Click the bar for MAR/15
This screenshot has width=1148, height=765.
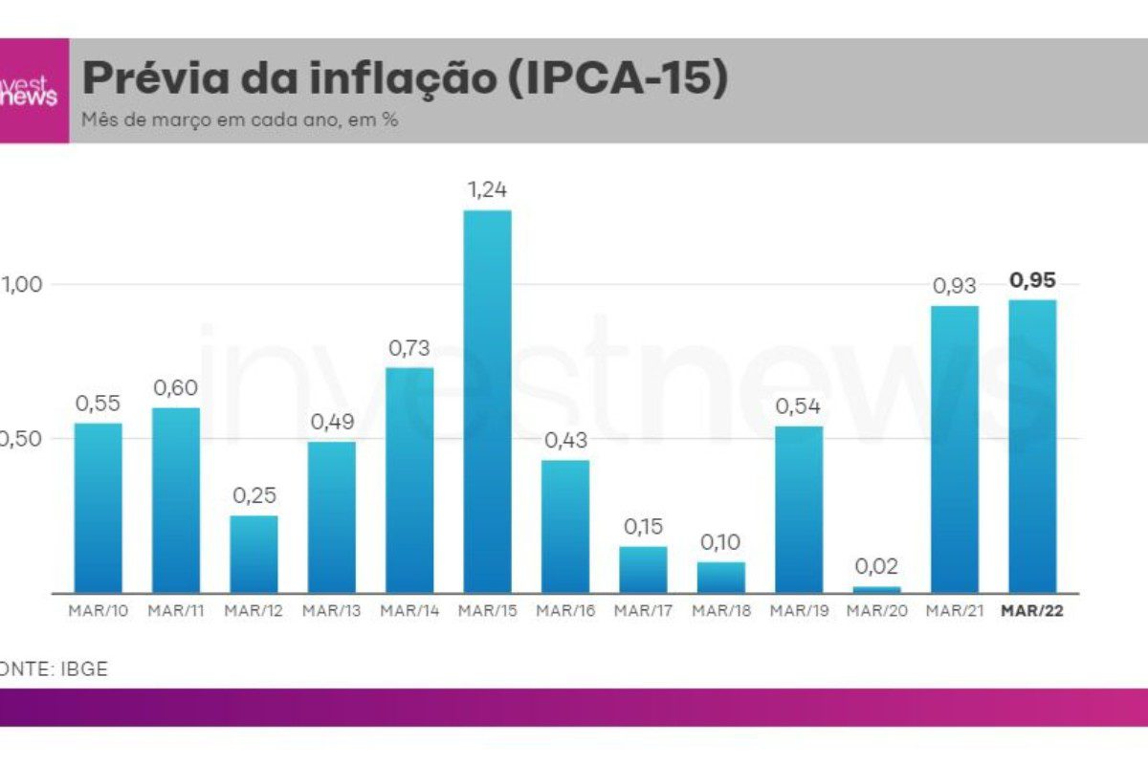[x=488, y=402]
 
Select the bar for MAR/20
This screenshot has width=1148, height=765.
[x=876, y=589]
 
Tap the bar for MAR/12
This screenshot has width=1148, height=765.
[x=254, y=555]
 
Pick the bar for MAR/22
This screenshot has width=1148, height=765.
[x=1032, y=447]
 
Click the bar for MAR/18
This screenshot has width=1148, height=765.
[x=720, y=578]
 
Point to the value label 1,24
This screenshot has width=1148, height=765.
[x=487, y=190]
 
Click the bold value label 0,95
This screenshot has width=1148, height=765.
[x=1032, y=281]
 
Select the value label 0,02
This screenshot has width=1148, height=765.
[x=876, y=566]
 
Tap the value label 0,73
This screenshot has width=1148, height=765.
[x=409, y=348]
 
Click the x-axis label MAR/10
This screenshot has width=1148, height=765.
[x=99, y=611]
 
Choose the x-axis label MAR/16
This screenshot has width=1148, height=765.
[x=564, y=611]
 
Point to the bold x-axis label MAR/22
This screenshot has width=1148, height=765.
[x=1032, y=611]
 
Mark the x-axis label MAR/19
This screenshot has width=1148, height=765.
[x=798, y=611]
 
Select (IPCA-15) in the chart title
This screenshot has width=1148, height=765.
[x=612, y=78]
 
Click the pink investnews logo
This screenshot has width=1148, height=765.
[x=33, y=91]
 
